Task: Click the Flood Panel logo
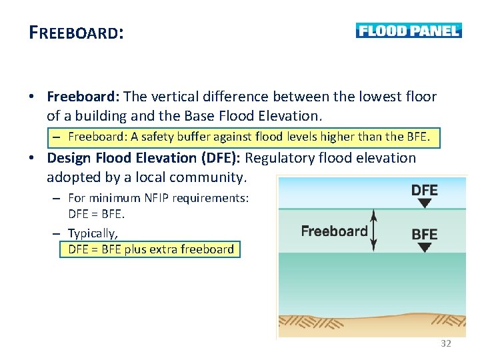[x=408, y=31]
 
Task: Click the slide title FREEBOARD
[x=76, y=33]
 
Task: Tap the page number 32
[x=446, y=343]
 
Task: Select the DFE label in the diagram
[x=424, y=190]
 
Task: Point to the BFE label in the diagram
[x=424, y=234]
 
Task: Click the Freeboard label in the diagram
[x=334, y=231]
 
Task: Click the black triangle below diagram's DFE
[x=424, y=203]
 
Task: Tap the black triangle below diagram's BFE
[x=424, y=247]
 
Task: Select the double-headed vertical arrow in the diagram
[x=374, y=231]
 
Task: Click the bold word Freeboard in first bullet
[x=83, y=97]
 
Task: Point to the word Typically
[x=93, y=233]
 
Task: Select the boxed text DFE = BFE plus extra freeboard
[x=151, y=249]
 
